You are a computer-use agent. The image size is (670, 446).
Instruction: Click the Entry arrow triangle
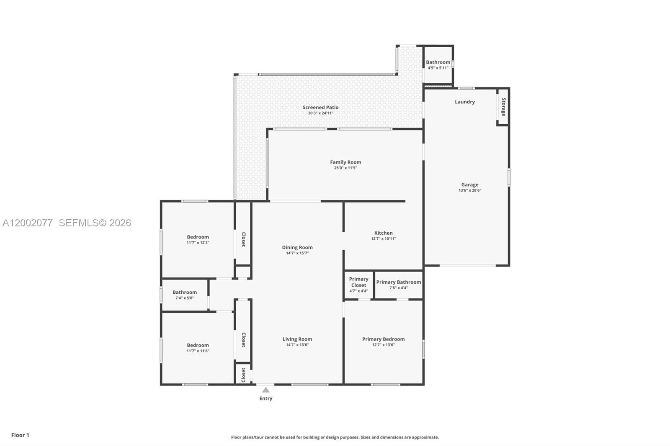point(266,390)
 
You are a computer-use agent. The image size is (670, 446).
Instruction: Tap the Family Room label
point(345,162)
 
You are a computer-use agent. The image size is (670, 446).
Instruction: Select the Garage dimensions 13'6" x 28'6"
point(470,190)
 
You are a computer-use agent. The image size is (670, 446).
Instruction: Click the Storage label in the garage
point(503,107)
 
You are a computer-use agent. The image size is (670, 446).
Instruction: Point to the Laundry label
point(465,102)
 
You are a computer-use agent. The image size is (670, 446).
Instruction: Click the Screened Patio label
point(320,108)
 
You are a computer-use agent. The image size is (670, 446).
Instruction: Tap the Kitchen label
point(383,233)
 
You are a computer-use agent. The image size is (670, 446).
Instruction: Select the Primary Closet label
point(358,282)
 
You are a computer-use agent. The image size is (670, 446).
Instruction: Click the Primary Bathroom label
point(398,282)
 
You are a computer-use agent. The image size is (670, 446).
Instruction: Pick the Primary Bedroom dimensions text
point(383,345)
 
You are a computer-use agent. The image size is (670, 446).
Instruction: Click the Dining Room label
point(297,247)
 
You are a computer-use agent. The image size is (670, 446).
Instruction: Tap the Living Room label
point(297,339)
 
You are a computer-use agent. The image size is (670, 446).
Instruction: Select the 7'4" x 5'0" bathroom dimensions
point(184,298)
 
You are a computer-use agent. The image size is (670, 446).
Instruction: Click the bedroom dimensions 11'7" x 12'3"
point(198,243)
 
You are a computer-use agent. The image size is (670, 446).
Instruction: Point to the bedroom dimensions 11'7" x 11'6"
point(198,351)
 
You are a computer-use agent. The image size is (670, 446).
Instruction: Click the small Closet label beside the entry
point(243,375)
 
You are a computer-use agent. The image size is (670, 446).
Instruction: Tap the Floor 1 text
point(20,435)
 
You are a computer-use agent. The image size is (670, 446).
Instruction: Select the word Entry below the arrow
point(266,398)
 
